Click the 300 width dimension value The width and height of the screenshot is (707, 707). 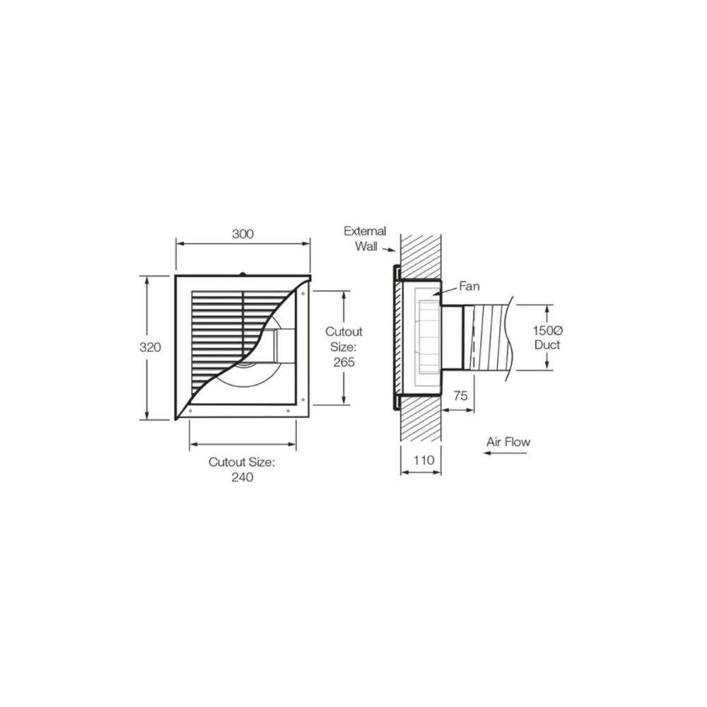click(x=243, y=234)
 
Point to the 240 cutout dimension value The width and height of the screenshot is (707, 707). click(x=241, y=477)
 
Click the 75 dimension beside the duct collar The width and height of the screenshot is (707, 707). click(x=460, y=397)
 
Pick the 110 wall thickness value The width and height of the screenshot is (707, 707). click(x=422, y=460)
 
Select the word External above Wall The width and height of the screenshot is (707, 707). click(x=365, y=230)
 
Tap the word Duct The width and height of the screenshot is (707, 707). click(x=548, y=344)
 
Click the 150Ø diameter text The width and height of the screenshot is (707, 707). click(x=547, y=330)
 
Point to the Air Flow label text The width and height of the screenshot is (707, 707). click(x=508, y=442)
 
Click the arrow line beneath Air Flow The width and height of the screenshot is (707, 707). click(x=506, y=453)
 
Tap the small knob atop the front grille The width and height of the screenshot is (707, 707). click(x=243, y=273)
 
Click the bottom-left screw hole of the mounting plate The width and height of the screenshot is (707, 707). click(x=190, y=409)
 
